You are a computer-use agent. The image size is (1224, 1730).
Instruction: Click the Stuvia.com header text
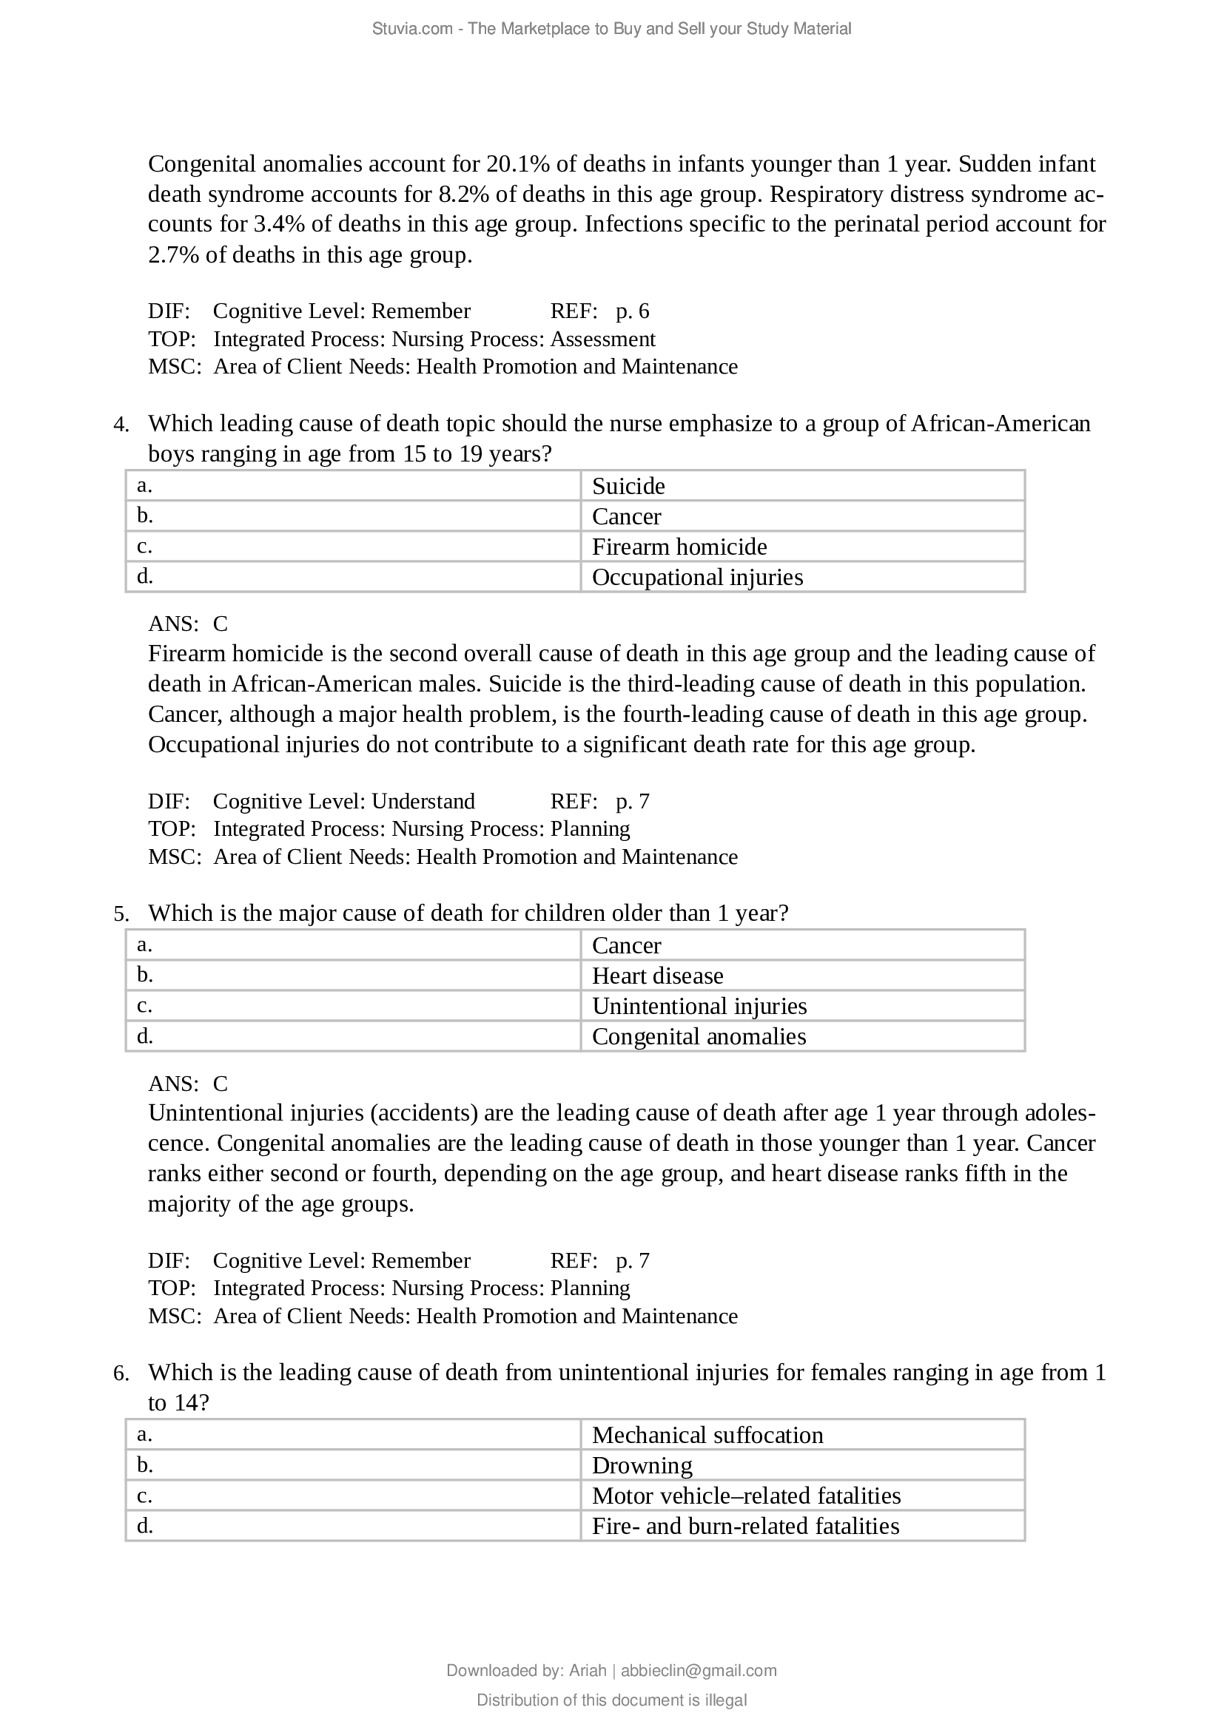(611, 29)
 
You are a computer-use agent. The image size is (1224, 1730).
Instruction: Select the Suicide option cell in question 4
(802, 486)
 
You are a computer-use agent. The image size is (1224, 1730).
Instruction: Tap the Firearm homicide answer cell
(802, 547)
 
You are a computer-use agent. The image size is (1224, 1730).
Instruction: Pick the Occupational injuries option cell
(802, 577)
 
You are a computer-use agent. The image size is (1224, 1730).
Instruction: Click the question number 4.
(121, 425)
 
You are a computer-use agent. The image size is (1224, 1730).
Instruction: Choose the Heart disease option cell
(802, 976)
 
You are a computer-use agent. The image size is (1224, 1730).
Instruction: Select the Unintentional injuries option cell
(802, 1006)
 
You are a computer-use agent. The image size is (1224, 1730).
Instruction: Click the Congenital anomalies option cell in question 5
(802, 1037)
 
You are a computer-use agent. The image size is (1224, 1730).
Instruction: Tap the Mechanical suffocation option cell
(802, 1435)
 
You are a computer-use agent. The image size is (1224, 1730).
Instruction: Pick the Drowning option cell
(802, 1465)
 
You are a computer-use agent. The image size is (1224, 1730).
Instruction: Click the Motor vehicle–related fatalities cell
(802, 1496)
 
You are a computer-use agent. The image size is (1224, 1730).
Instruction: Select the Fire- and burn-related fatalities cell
(802, 1526)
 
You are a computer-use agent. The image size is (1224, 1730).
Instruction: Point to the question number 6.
(121, 1373)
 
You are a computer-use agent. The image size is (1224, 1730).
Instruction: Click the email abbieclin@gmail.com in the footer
(698, 1671)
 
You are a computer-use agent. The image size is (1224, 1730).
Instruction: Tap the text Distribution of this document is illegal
(611, 1700)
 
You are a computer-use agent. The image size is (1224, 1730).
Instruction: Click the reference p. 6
(631, 311)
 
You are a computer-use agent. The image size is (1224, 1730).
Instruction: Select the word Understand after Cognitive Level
(423, 801)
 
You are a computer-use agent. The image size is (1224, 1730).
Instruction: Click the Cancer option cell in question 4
(802, 516)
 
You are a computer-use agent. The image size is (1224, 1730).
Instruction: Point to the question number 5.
(121, 914)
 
